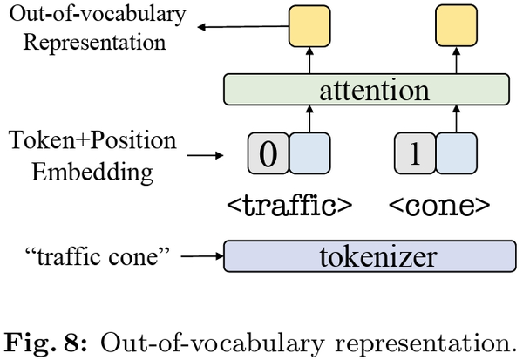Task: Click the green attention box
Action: [366, 91]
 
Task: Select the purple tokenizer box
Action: [366, 256]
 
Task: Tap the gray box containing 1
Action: [414, 153]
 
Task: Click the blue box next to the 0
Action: [309, 153]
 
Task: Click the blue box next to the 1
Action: [454, 153]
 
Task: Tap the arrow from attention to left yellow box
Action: [311, 61]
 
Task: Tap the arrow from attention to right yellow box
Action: [456, 61]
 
